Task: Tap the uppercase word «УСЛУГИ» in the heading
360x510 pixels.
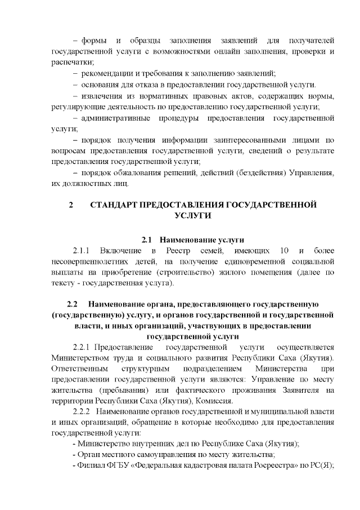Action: (x=193, y=216)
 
